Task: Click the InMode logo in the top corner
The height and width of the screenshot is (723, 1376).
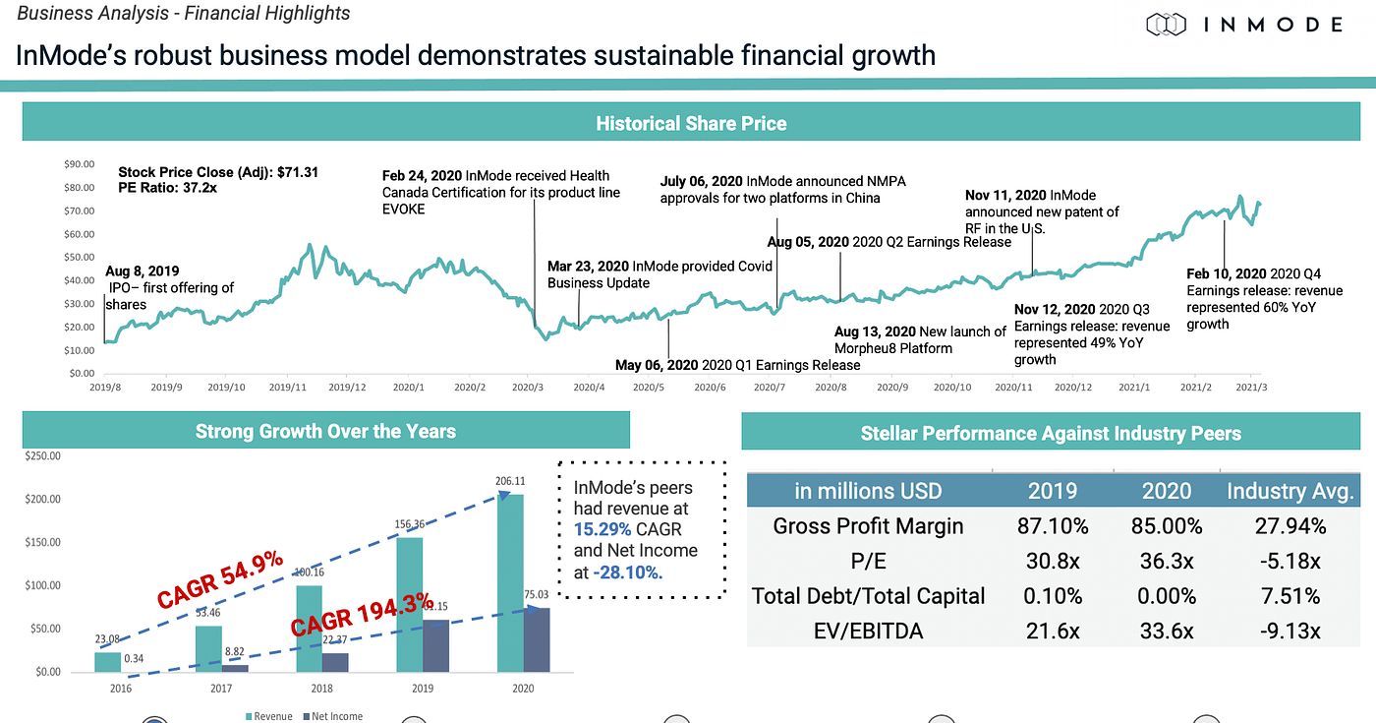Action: (1243, 24)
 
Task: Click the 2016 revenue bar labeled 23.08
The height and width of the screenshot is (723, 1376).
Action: (107, 662)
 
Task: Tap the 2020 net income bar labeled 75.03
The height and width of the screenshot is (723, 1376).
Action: (536, 639)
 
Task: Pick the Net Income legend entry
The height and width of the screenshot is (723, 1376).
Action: (333, 716)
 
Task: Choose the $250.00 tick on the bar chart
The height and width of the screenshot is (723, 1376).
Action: (41, 456)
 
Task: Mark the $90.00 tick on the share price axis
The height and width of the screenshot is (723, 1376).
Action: (79, 164)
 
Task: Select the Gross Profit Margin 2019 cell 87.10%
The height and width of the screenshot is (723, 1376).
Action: (1053, 526)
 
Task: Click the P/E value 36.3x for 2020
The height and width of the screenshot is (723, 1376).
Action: (1167, 561)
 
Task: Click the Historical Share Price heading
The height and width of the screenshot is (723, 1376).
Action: (691, 124)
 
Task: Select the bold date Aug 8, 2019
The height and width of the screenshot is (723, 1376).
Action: (142, 271)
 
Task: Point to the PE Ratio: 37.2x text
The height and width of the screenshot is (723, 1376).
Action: (168, 187)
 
